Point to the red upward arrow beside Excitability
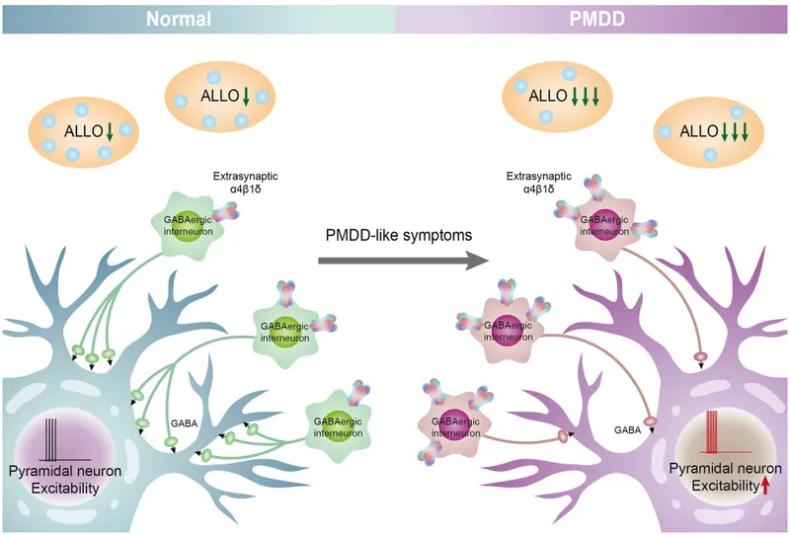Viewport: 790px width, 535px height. coord(765,484)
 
